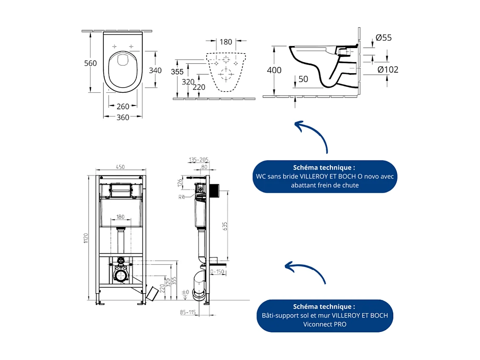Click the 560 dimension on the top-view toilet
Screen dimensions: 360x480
pyautogui.click(x=90, y=63)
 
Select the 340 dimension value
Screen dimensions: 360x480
pyautogui.click(x=155, y=70)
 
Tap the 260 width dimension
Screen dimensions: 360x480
pyautogui.click(x=123, y=106)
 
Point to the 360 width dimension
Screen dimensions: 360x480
pyautogui.click(x=123, y=117)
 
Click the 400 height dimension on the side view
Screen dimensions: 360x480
pyautogui.click(x=274, y=70)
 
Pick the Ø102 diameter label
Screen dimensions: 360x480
pyautogui.click(x=388, y=69)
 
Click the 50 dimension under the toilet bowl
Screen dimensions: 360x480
pyautogui.click(x=303, y=80)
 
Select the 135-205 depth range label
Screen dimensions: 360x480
pyautogui.click(x=199, y=160)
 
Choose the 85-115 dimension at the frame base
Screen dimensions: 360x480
pyautogui.click(x=187, y=312)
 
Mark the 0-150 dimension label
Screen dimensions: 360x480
pyautogui.click(x=217, y=271)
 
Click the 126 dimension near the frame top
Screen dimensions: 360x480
pyautogui.click(x=180, y=183)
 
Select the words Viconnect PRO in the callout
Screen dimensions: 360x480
pyautogui.click(x=324, y=324)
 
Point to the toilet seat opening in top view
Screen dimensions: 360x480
pyautogui.click(x=123, y=70)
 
